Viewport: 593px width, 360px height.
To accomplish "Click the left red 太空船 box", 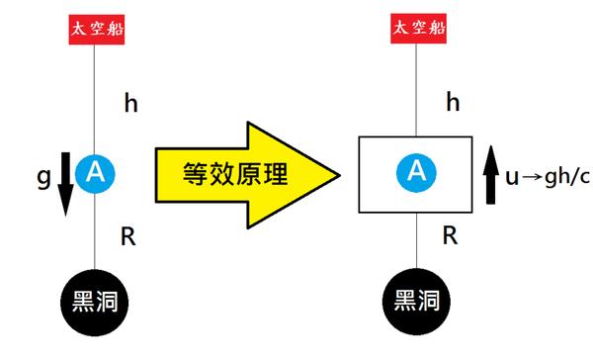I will (95, 27).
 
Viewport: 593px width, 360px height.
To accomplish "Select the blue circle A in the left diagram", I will (95, 173).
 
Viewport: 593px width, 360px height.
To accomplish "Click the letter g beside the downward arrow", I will (43, 177).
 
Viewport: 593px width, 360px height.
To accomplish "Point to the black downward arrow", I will (65, 183).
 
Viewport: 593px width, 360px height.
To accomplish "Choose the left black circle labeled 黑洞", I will (95, 298).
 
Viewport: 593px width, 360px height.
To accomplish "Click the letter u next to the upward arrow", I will (512, 177).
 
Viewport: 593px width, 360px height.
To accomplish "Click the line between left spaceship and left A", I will (95, 99).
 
